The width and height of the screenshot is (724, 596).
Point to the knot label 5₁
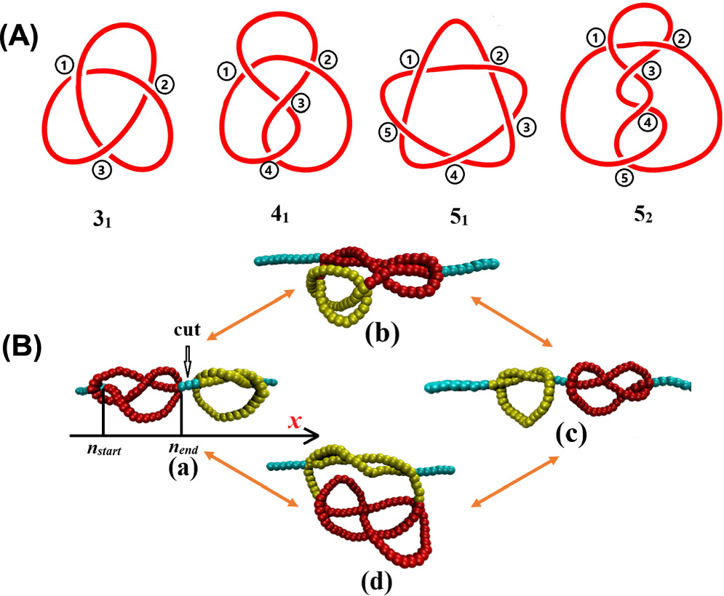(x=456, y=216)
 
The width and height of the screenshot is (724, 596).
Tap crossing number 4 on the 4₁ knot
(x=268, y=172)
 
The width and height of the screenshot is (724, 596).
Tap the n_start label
(x=101, y=448)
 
